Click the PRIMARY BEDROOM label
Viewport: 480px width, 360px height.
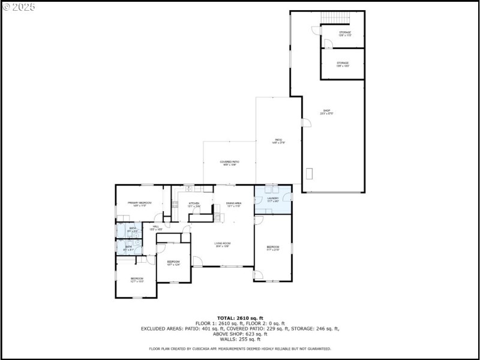139,204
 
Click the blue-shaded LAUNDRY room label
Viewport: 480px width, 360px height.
273,199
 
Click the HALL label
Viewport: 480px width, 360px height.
155,227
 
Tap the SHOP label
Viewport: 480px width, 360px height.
327,112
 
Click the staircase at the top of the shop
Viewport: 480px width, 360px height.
335,18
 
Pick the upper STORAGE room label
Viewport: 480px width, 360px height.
344,34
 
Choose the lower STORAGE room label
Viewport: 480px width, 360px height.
343,64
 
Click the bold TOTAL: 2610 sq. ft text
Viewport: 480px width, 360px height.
240,318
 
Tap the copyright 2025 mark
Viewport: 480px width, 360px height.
19,7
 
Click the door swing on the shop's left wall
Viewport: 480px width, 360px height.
306,122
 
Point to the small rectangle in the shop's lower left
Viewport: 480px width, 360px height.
310,174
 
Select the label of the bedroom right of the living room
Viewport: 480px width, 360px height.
273,248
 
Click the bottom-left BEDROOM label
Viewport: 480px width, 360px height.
137,279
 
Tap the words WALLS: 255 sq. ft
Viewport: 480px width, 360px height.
240,339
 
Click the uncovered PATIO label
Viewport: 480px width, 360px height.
278,141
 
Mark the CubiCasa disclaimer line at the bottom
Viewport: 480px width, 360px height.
240,349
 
